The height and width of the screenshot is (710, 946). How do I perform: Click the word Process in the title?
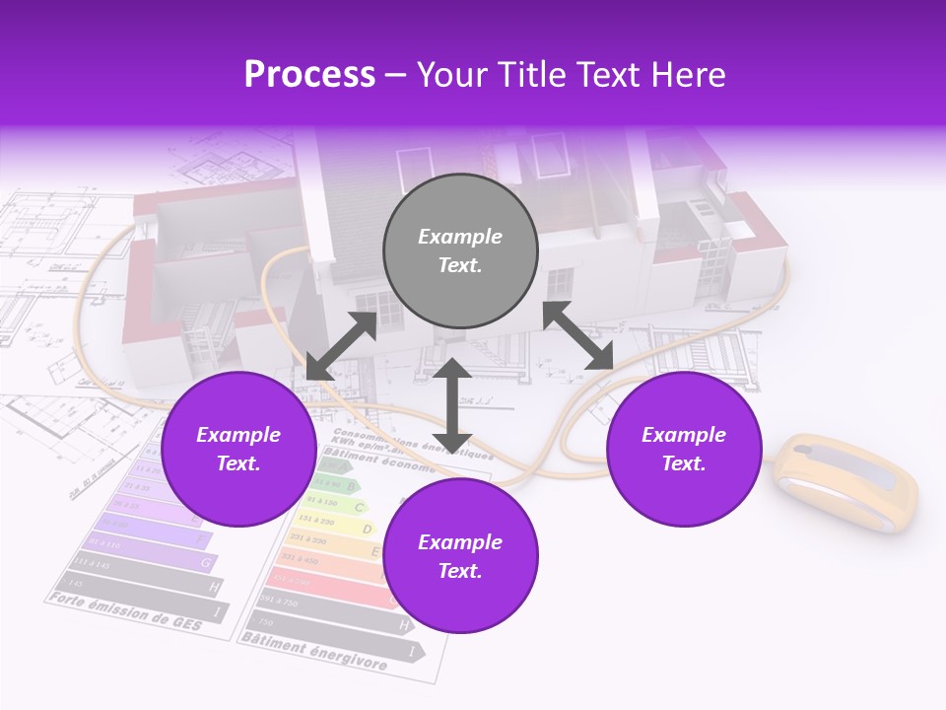point(309,75)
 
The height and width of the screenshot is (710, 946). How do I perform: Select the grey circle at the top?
point(460,250)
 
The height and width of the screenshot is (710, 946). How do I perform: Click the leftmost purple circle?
point(238,449)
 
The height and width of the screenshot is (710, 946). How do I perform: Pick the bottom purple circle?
point(460,556)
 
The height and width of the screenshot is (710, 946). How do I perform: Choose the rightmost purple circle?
point(684,449)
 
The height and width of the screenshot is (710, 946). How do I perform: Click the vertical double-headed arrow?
point(452,404)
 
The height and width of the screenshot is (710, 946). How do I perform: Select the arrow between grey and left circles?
point(341,346)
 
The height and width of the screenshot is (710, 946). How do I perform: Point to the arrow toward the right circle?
point(578,335)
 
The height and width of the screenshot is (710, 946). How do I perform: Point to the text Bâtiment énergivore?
point(313,651)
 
